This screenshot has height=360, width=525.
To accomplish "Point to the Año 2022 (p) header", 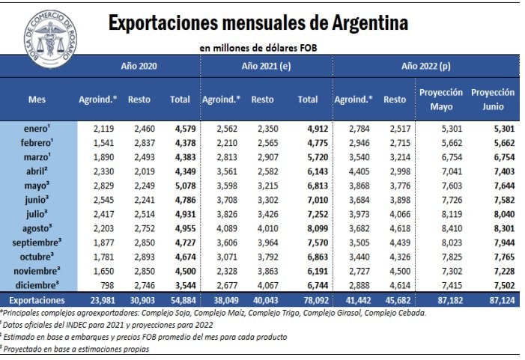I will (425, 67).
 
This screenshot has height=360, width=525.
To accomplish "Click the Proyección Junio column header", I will (493, 99).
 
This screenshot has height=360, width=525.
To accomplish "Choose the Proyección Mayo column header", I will (441, 99).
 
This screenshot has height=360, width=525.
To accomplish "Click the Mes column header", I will (37, 99).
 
